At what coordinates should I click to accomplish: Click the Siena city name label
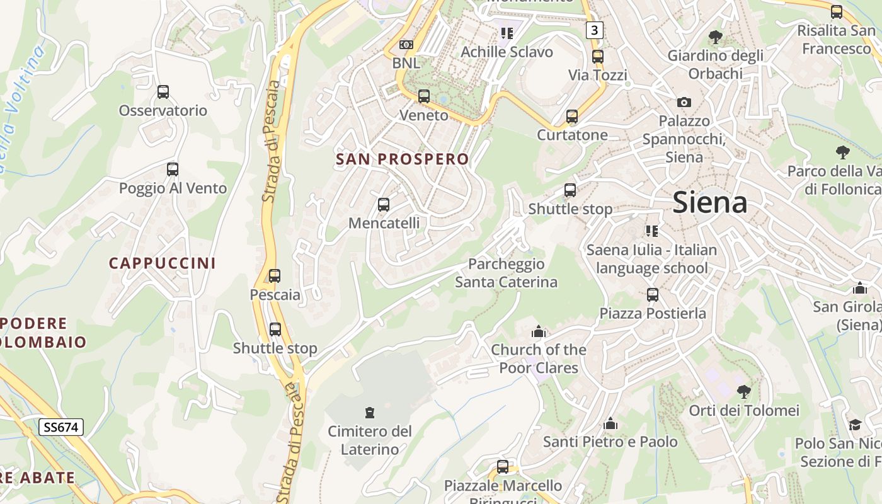click(x=710, y=202)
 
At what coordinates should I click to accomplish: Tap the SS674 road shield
click(x=61, y=427)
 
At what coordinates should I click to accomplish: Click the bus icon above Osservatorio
click(x=163, y=92)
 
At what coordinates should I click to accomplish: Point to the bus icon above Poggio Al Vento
click(x=173, y=169)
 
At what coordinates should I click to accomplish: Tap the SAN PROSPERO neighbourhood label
click(x=403, y=159)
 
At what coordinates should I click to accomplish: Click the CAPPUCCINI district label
click(x=162, y=263)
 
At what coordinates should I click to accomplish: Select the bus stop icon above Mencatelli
click(x=383, y=205)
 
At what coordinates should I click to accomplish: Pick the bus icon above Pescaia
click(x=275, y=276)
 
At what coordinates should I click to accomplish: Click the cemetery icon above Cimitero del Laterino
click(x=370, y=413)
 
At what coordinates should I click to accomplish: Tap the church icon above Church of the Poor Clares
click(x=538, y=331)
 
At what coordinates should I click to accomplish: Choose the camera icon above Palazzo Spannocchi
click(x=684, y=102)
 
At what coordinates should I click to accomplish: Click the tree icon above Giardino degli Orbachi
click(x=715, y=37)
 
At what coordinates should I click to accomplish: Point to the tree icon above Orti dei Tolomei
click(x=744, y=392)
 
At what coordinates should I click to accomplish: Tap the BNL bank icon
click(x=406, y=45)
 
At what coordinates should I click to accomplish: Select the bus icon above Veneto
click(x=424, y=96)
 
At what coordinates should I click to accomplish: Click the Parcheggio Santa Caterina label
click(x=506, y=273)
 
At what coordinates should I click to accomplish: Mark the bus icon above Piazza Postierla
click(x=653, y=295)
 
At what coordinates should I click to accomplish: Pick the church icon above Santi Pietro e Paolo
click(x=610, y=423)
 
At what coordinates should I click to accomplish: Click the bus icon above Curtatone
click(x=572, y=117)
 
